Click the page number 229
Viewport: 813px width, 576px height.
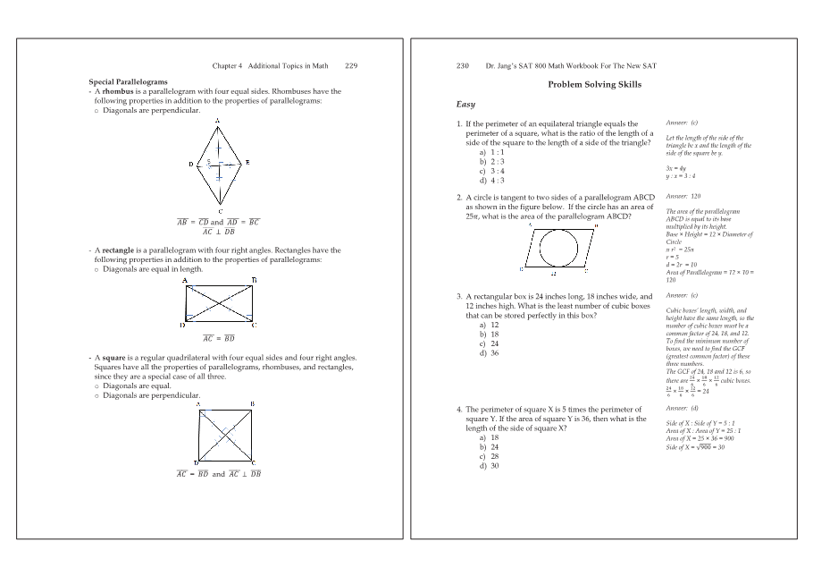click(x=351, y=66)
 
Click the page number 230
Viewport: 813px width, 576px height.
click(x=463, y=66)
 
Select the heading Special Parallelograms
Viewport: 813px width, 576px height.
click(x=128, y=82)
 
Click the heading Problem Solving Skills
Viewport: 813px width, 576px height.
click(x=594, y=85)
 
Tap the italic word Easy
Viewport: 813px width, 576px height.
click(x=466, y=105)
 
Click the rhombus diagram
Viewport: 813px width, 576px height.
click(x=219, y=165)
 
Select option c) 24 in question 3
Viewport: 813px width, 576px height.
click(x=489, y=343)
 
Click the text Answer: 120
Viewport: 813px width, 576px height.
click(x=683, y=196)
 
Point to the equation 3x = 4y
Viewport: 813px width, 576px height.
click(x=676, y=167)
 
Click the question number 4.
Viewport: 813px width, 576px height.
click(x=459, y=410)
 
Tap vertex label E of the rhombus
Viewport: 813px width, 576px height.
click(x=247, y=163)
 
